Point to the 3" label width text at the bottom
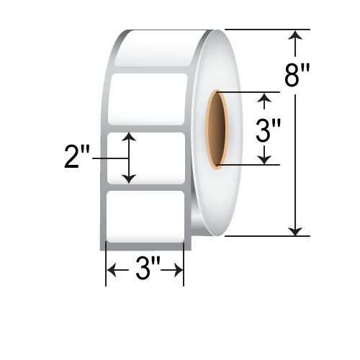pyautogui.click(x=145, y=271)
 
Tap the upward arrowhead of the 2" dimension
pyautogui.click(x=129, y=138)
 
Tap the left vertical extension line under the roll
pyautogui.click(x=107, y=263)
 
